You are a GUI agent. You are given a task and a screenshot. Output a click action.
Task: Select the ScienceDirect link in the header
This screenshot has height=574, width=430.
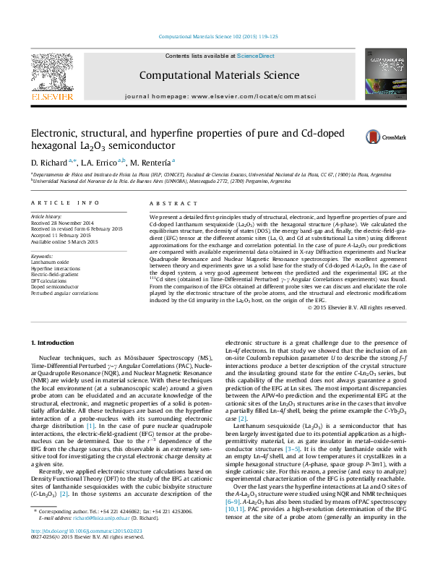(256, 56)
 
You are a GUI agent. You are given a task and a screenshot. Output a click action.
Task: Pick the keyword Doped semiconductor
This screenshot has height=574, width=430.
(53, 288)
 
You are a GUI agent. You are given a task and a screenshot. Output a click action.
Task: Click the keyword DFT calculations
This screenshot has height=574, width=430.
(48, 281)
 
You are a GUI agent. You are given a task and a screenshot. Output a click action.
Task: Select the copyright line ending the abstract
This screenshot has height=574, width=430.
(356, 307)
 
